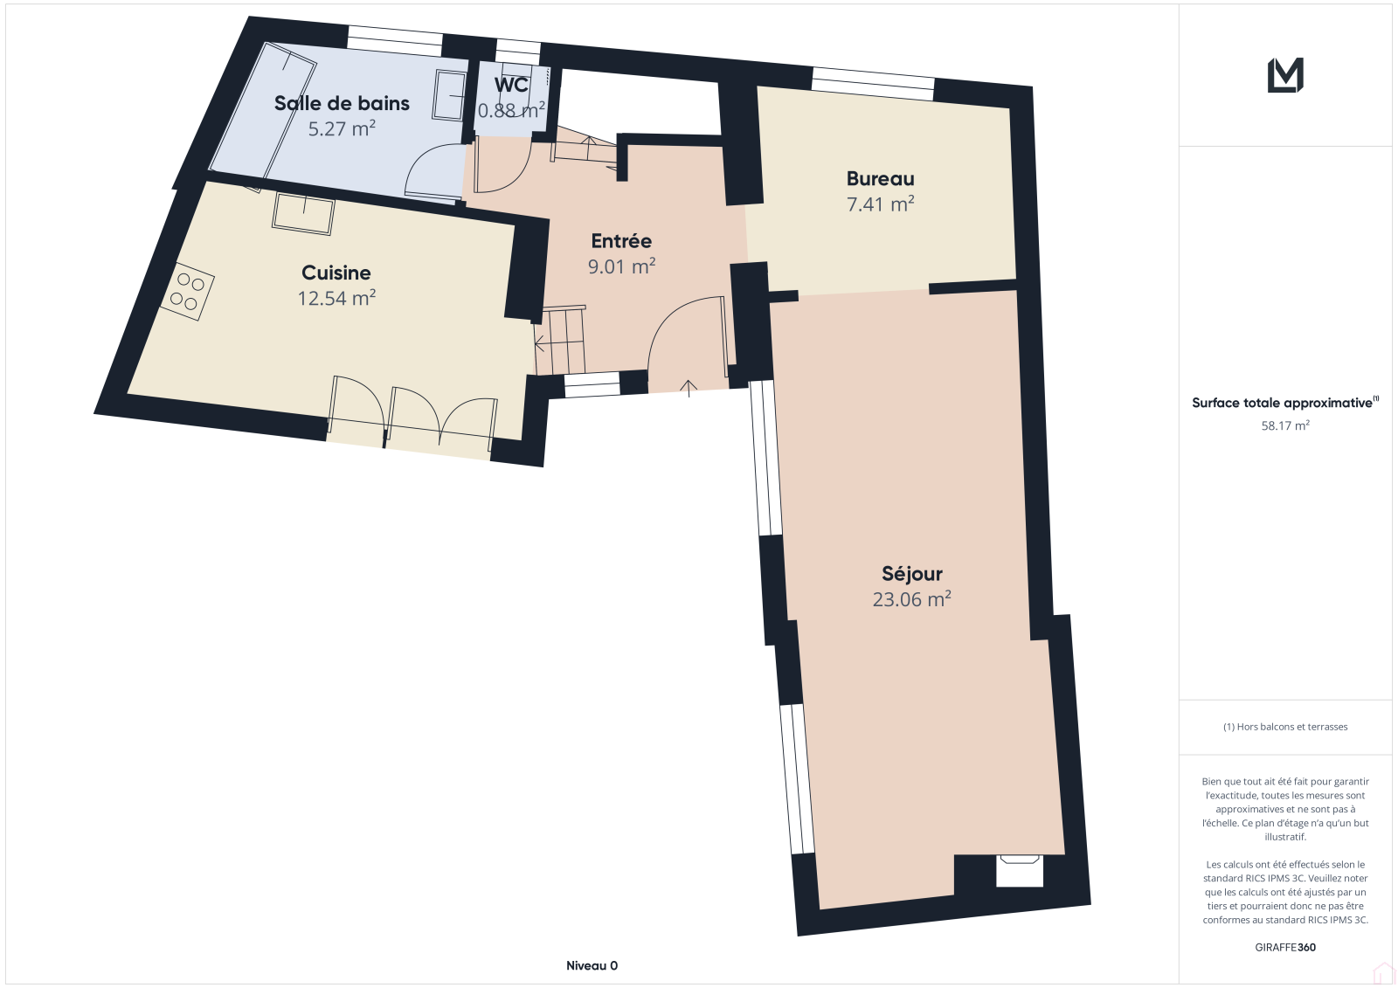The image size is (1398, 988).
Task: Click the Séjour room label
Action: [x=912, y=574]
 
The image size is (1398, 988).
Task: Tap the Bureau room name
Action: [x=880, y=178]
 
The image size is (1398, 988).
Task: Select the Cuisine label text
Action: [x=336, y=273]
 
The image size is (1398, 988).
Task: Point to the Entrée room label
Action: [x=621, y=241]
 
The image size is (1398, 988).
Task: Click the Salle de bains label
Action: [x=342, y=103]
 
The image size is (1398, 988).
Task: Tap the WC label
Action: [x=511, y=84]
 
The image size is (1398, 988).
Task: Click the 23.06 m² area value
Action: [x=912, y=599]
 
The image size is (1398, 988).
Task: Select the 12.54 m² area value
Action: [x=336, y=298]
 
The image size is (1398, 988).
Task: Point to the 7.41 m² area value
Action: [x=880, y=204]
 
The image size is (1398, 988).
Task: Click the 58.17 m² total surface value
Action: [x=1285, y=425]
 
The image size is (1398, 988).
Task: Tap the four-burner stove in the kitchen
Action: [x=187, y=292]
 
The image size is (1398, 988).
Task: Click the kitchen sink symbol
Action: [x=303, y=214]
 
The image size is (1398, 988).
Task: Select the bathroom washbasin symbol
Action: [x=449, y=95]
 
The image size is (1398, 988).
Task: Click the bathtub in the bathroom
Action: [x=262, y=110]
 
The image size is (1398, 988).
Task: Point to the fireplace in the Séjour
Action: [x=1019, y=870]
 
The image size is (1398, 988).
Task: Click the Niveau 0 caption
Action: [x=592, y=965]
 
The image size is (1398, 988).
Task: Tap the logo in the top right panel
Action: [x=1285, y=75]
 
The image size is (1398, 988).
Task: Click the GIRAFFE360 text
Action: [x=1285, y=947]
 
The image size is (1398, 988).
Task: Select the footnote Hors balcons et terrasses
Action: [x=1285, y=727]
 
